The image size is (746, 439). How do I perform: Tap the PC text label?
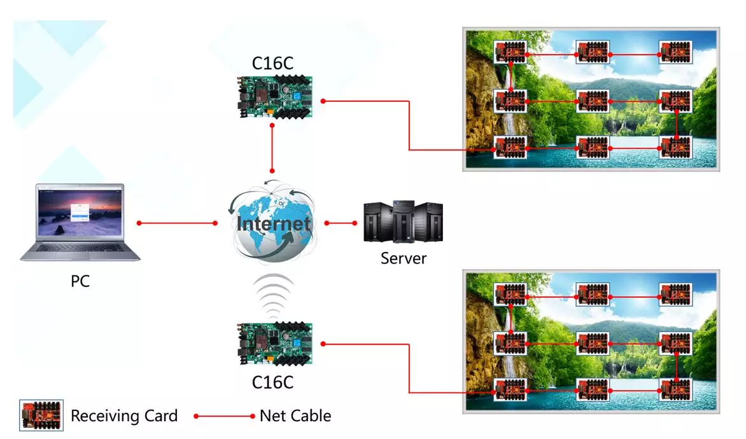80,281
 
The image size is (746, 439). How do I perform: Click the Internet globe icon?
272,223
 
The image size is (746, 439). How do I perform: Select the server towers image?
402,222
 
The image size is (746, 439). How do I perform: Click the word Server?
403,258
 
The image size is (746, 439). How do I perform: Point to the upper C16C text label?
272,64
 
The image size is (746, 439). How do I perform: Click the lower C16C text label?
272,382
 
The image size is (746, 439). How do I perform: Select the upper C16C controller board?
274,96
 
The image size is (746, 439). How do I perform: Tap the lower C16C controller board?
274,344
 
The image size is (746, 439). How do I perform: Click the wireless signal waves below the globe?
272,295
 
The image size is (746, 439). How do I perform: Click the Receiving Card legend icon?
41,416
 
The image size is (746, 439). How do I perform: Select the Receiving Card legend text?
124,416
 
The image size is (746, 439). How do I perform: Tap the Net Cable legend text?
295,416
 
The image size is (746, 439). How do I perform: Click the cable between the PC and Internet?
177,223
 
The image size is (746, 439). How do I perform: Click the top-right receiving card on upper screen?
675,52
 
